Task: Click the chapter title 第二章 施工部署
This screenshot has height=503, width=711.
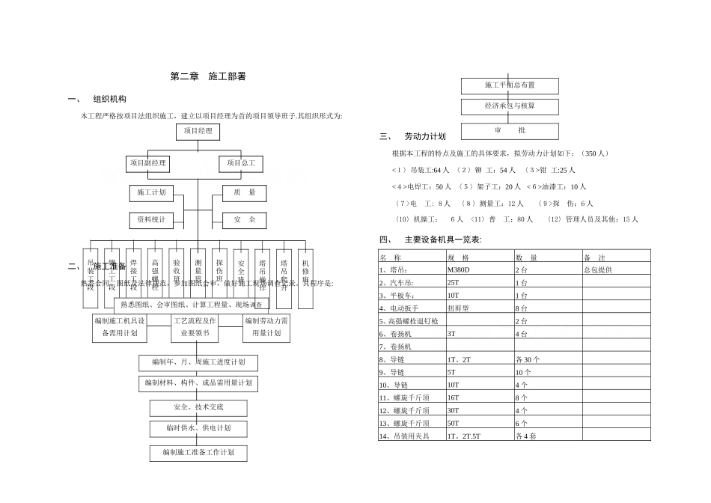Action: [x=208, y=76]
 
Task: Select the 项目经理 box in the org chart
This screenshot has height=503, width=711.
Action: [x=198, y=132]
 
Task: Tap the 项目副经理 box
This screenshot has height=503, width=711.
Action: [x=148, y=163]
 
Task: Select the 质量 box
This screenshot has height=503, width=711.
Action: [x=245, y=193]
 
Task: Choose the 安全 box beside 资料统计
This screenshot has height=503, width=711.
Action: [x=245, y=220]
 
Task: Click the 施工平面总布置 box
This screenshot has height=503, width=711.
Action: [x=510, y=85]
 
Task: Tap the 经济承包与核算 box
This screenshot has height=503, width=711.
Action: [x=510, y=106]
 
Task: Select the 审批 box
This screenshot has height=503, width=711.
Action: [x=510, y=130]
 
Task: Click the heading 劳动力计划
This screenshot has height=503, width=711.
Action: [x=424, y=137]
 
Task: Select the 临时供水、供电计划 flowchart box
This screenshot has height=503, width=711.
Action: [x=198, y=429]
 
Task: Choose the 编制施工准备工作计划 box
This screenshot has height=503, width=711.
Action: [x=198, y=453]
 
